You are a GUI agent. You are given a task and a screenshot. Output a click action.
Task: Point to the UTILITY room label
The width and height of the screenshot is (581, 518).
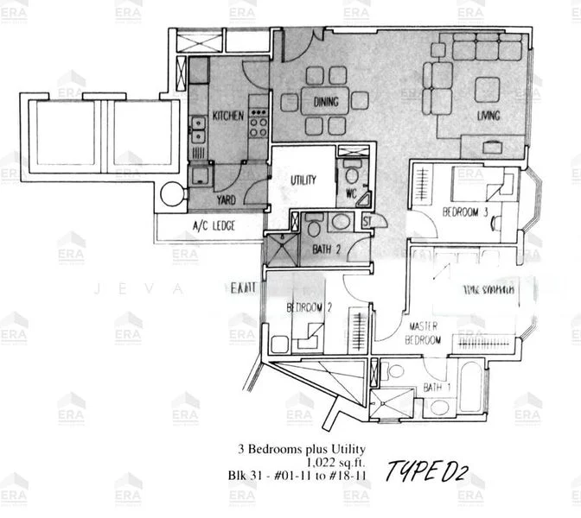tap(303, 180)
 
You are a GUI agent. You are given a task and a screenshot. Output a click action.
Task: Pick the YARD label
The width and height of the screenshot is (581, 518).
tap(226, 200)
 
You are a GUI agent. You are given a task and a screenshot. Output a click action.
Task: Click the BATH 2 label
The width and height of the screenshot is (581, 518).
tap(325, 251)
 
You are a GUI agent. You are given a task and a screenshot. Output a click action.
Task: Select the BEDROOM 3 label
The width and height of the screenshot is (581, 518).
tap(466, 212)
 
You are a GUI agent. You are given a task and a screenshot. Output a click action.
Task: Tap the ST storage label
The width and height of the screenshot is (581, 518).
tap(367, 221)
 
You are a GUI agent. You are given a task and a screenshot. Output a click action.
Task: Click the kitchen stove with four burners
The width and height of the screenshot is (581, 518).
tap(258, 123)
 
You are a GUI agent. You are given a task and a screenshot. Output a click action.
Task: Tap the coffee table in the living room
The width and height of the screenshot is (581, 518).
tap(487, 90)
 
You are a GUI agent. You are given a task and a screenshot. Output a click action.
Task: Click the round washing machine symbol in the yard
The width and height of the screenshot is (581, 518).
tap(172, 194)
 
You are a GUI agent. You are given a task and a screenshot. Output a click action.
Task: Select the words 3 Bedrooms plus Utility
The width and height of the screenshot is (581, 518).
tap(303, 449)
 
